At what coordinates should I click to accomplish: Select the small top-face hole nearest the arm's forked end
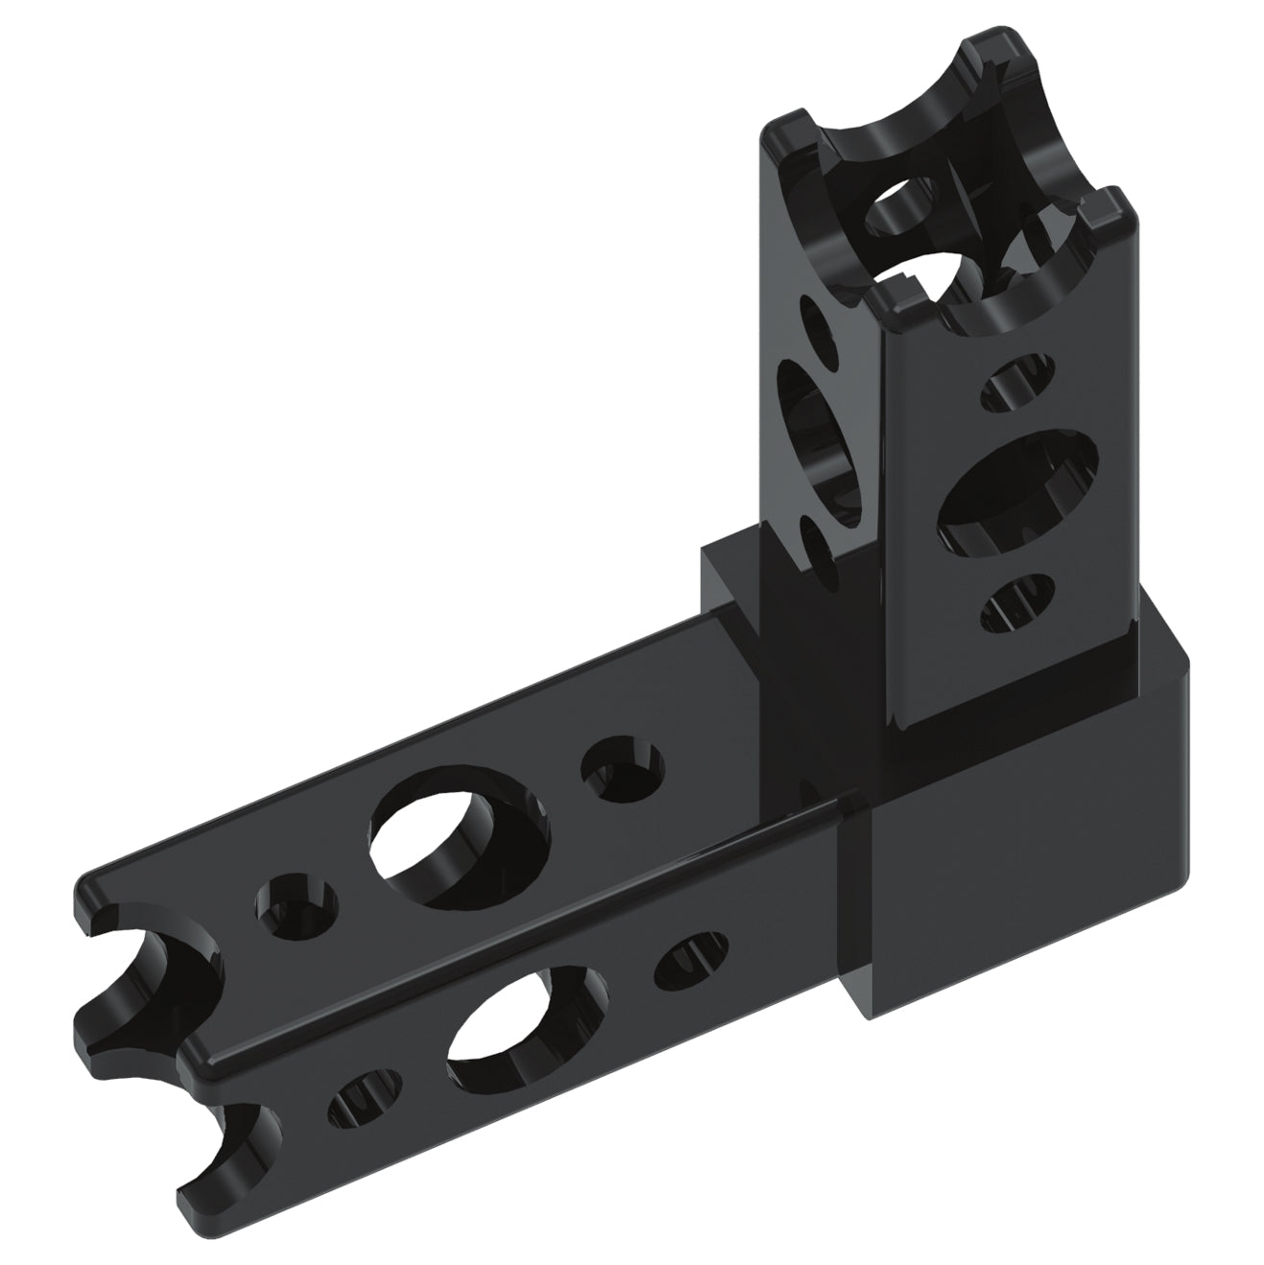click(298, 906)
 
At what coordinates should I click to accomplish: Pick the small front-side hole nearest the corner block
click(690, 960)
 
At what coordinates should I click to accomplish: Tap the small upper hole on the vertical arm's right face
click(1019, 381)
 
